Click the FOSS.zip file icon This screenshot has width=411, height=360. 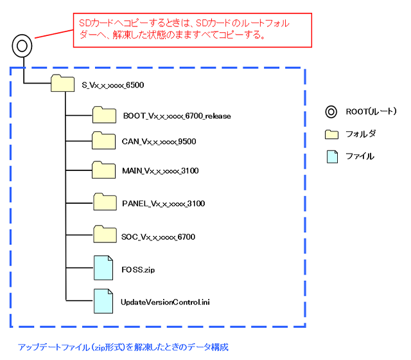103,268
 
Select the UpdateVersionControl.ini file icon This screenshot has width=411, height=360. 103,300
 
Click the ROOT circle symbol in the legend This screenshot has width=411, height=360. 331,112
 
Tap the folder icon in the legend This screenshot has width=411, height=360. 331,134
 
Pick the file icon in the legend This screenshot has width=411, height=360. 331,156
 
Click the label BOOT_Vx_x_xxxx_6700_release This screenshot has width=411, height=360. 177,116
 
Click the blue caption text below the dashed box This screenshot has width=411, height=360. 123,346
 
